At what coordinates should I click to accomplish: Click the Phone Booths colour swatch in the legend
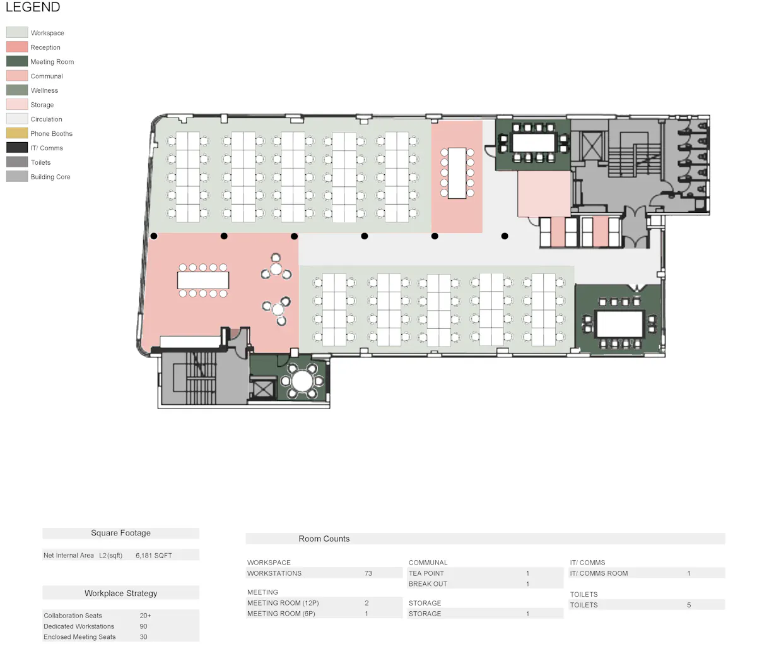[17, 133]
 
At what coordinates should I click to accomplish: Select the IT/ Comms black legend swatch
[17, 147]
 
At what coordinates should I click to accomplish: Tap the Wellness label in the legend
[44, 90]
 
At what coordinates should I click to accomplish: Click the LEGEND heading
[33, 7]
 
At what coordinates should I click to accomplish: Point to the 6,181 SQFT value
[154, 555]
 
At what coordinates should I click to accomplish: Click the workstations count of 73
[368, 573]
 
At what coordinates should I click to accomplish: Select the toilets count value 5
[689, 605]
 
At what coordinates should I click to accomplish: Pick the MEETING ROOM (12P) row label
[283, 603]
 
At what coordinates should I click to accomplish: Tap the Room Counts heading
[324, 539]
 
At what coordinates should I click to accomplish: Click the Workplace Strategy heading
[121, 594]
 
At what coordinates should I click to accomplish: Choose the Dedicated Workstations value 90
[143, 626]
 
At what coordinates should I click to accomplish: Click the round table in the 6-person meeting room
[302, 381]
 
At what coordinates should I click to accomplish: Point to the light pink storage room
[544, 194]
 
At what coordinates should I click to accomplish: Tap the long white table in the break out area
[203, 280]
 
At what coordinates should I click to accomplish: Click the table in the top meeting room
[533, 142]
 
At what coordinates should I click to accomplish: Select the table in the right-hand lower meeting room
[619, 324]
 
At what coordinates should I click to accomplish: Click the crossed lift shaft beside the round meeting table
[262, 390]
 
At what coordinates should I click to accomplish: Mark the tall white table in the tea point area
[457, 173]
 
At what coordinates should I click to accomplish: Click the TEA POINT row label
[426, 573]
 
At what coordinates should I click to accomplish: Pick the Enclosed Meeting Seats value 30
[143, 637]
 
